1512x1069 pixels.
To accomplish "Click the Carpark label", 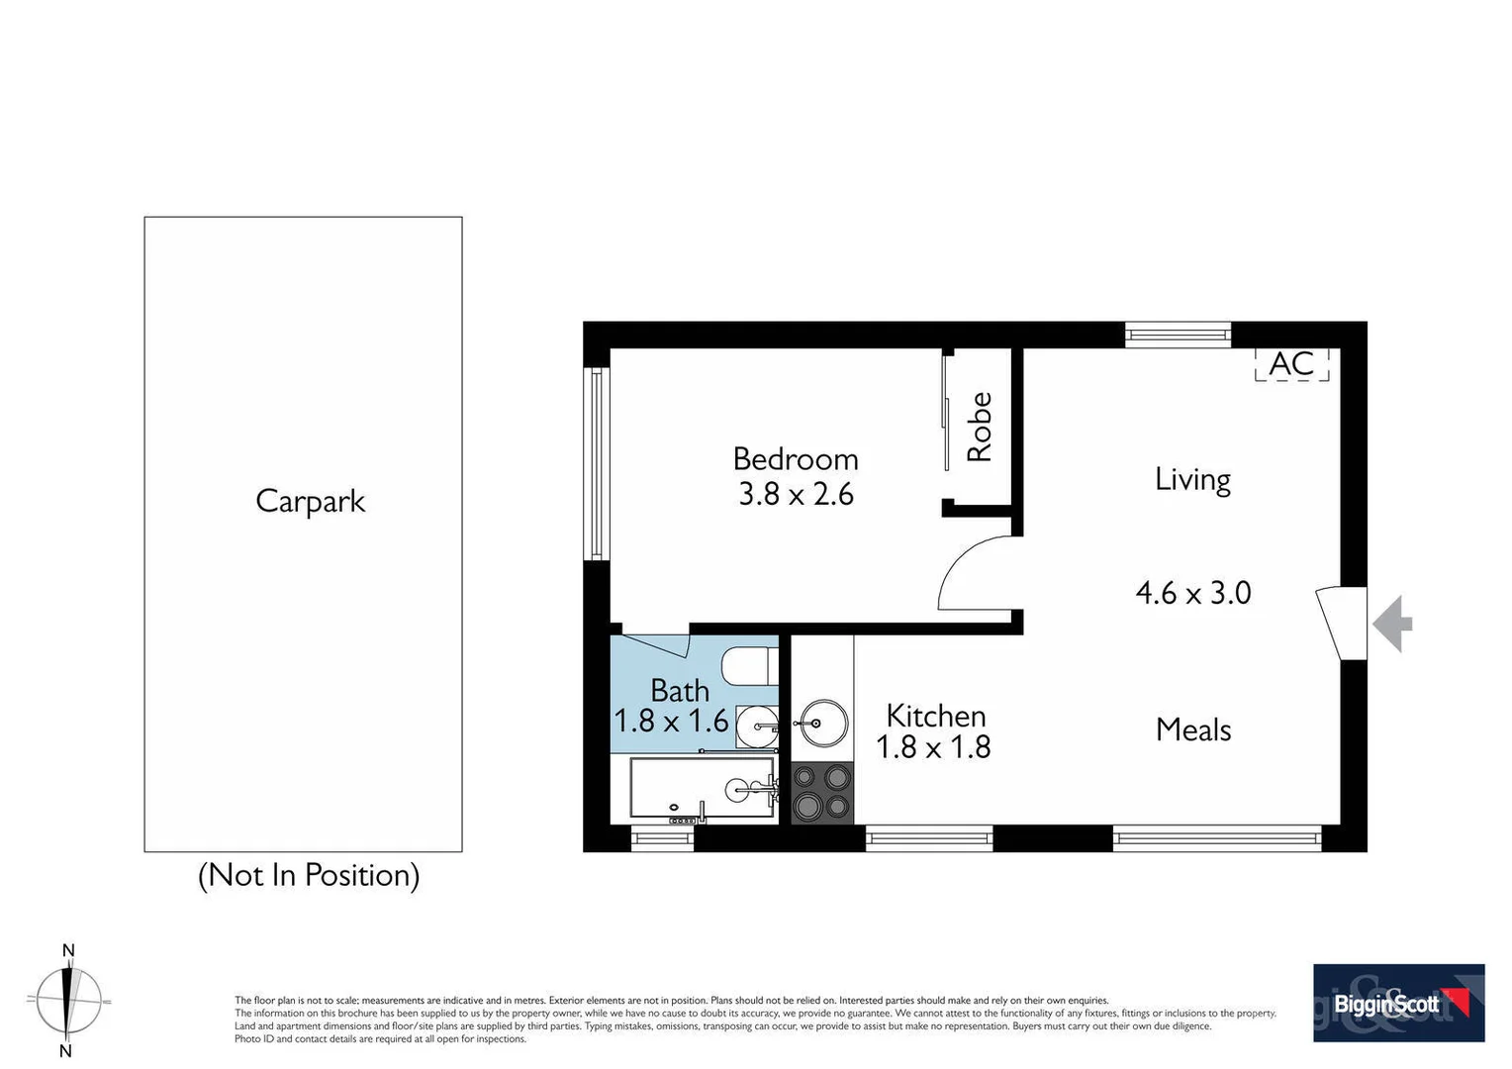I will point(310,501).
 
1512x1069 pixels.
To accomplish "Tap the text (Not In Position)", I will point(309,875).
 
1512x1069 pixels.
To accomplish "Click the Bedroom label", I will point(796,459).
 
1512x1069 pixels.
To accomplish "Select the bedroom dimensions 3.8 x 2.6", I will point(796,494).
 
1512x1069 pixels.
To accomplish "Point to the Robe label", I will point(979,427).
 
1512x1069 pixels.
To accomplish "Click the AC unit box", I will point(1291,364).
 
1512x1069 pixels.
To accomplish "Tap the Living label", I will point(1192,480).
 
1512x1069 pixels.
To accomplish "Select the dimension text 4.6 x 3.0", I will point(1193,593).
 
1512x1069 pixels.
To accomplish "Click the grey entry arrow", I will point(1393,624).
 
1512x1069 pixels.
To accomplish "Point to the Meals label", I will point(1193,730).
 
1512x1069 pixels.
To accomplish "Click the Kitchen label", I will point(935,716).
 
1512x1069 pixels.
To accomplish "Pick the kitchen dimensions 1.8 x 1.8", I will point(933,747).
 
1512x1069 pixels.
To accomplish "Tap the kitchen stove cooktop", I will point(822,793).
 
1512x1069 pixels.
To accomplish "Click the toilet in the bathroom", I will point(748,665).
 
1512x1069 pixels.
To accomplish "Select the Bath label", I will point(680,690).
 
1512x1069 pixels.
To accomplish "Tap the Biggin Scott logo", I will point(1398,1004).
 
